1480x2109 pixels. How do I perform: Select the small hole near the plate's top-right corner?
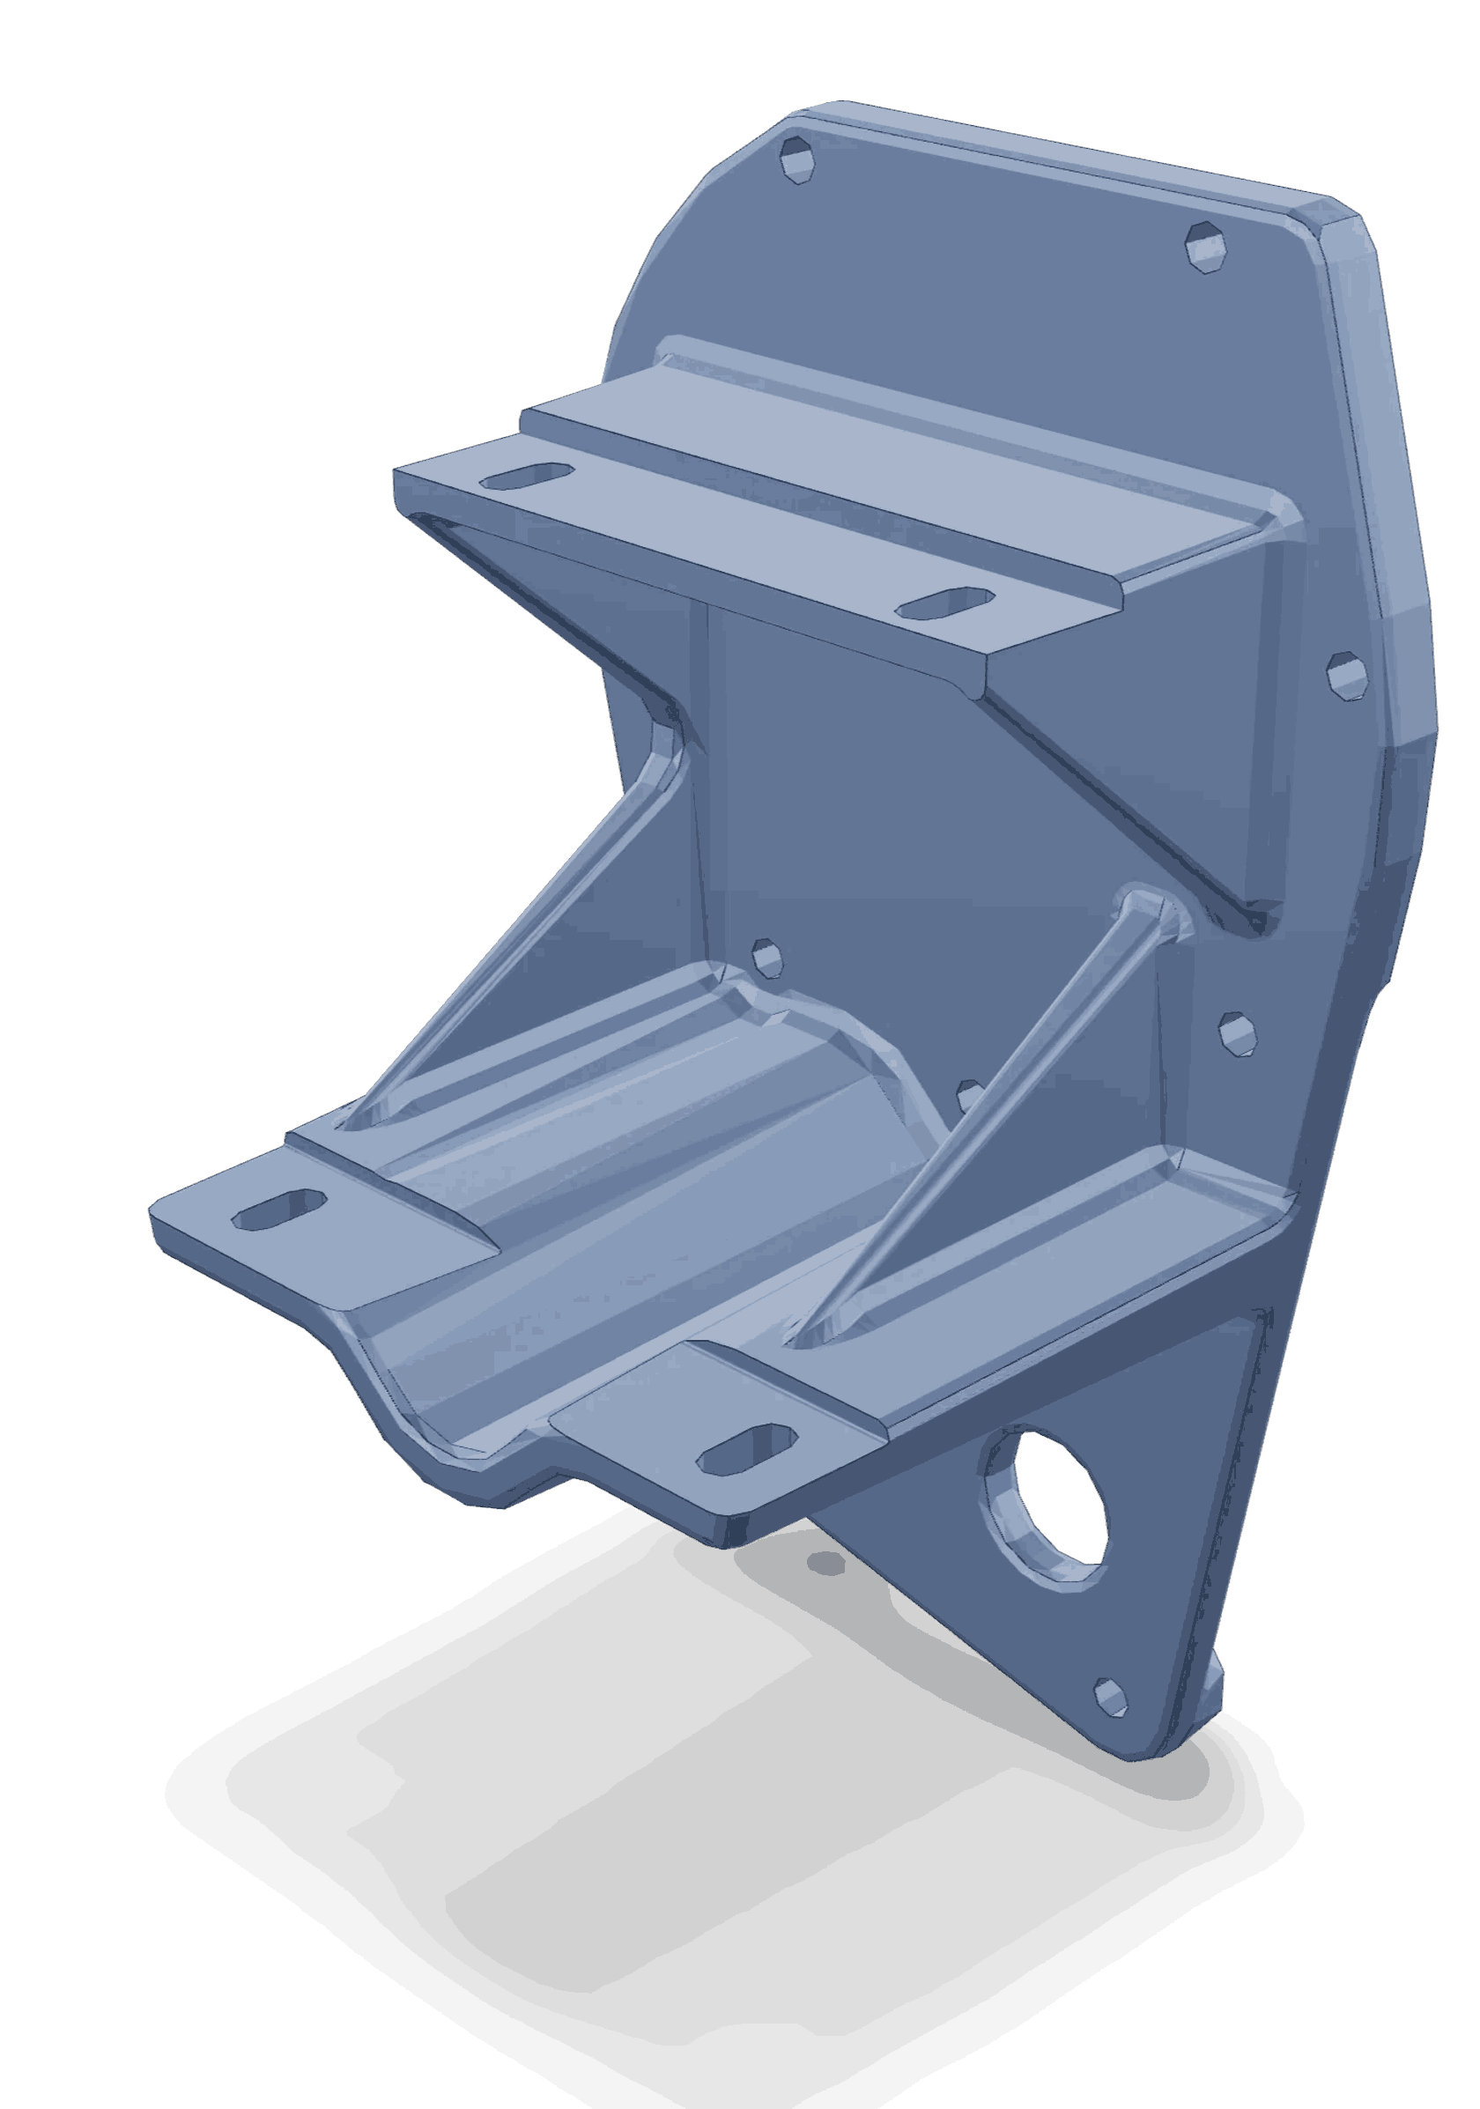tap(1205, 245)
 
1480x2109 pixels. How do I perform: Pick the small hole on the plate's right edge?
tap(1348, 676)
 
